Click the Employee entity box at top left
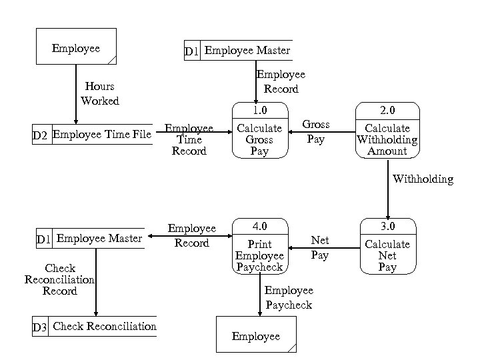76,46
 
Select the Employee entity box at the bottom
256,335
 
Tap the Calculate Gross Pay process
259,139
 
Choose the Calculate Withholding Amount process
387,139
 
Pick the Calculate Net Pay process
387,255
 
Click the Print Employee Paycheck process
259,255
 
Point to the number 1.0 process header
259,109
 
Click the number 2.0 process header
387,109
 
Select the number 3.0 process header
387,227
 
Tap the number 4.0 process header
259,227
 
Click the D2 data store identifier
41,135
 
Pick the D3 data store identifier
40,327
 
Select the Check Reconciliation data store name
105,326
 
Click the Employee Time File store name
102,135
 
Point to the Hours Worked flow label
100,93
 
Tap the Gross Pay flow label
316,132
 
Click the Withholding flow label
423,179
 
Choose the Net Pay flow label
320,247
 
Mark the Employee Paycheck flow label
289,297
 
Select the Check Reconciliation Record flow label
60,280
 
